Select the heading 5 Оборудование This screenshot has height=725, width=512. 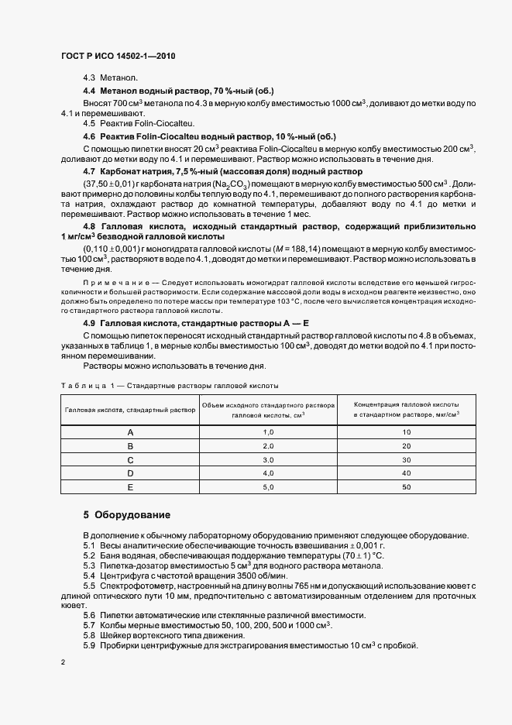[x=126, y=514]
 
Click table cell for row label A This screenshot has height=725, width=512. [x=130, y=431]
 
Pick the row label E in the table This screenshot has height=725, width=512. [x=130, y=486]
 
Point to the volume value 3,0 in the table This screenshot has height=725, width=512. [x=269, y=459]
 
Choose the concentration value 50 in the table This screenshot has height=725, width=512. [x=406, y=486]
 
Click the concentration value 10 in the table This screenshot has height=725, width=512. [x=406, y=431]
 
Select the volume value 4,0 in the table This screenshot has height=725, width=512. [x=269, y=472]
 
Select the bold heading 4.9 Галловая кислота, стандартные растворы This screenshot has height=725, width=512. [x=196, y=322]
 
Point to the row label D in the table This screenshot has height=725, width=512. [x=130, y=472]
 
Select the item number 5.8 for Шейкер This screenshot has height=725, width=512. [x=89, y=634]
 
